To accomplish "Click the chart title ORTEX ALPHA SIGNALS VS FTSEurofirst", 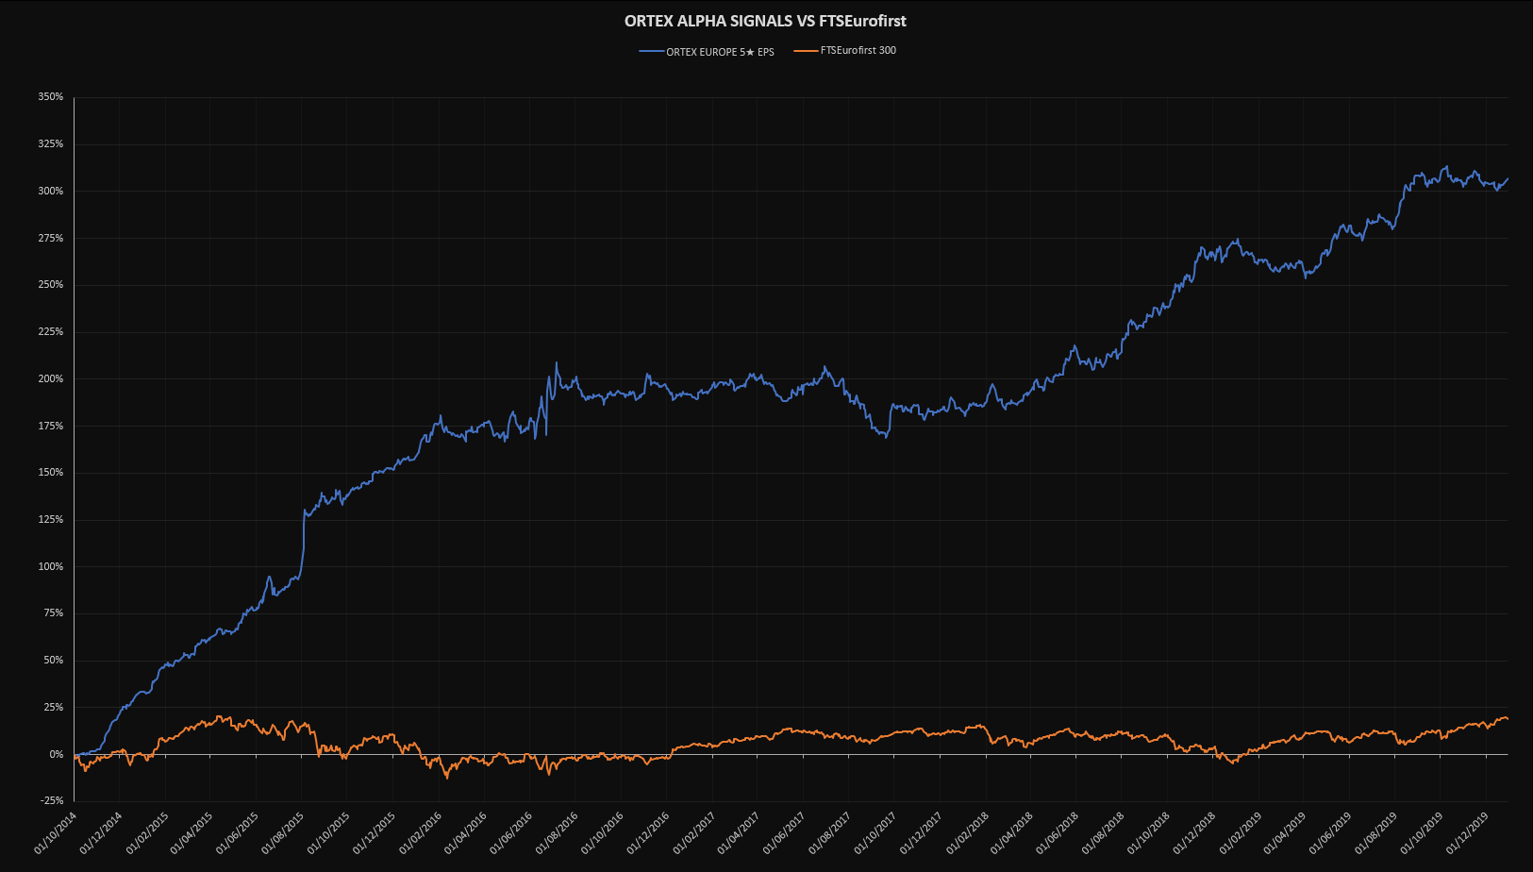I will (x=765, y=21).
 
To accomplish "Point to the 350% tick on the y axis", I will (x=51, y=97).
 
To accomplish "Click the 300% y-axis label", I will (x=51, y=191).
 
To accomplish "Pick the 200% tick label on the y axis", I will (x=51, y=378).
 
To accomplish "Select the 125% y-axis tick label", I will (x=51, y=519).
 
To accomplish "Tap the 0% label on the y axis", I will (x=56, y=754).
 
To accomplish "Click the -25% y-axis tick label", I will (x=51, y=801).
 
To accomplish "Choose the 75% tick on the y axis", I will (x=53, y=613).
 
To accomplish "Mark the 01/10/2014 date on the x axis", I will (x=55, y=834).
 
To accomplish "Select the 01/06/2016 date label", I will (x=511, y=834).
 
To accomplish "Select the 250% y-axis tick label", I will (x=51, y=285).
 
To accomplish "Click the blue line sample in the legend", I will (x=651, y=52).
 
